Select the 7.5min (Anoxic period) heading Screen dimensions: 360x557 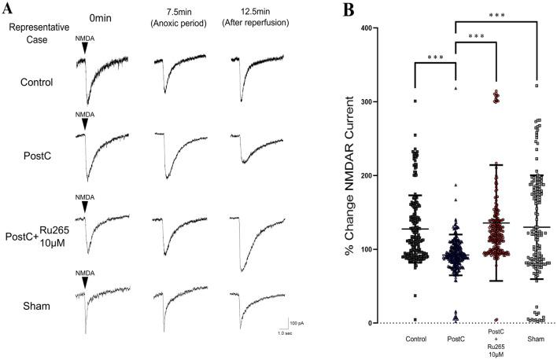coord(179,20)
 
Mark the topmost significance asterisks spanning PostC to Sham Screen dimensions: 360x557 coord(496,15)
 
